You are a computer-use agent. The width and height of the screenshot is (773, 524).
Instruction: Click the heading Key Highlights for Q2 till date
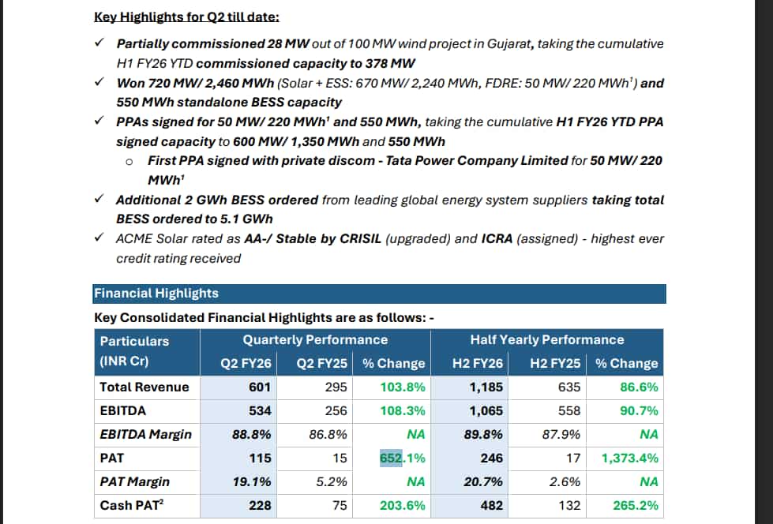point(186,17)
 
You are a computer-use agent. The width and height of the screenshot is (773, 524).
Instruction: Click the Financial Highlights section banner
point(379,294)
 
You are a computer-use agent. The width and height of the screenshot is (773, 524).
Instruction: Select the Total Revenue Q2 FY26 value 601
point(260,387)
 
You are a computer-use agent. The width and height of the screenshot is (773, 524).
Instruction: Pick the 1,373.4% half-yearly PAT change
point(629,458)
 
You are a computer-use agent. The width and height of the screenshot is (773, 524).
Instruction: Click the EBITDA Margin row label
point(145,435)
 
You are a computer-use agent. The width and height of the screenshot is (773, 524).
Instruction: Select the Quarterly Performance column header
point(315,340)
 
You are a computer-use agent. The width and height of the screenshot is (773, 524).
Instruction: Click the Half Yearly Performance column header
point(546,340)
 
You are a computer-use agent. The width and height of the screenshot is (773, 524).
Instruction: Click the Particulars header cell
point(134,341)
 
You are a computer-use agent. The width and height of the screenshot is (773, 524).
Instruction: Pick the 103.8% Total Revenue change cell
point(403,387)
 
